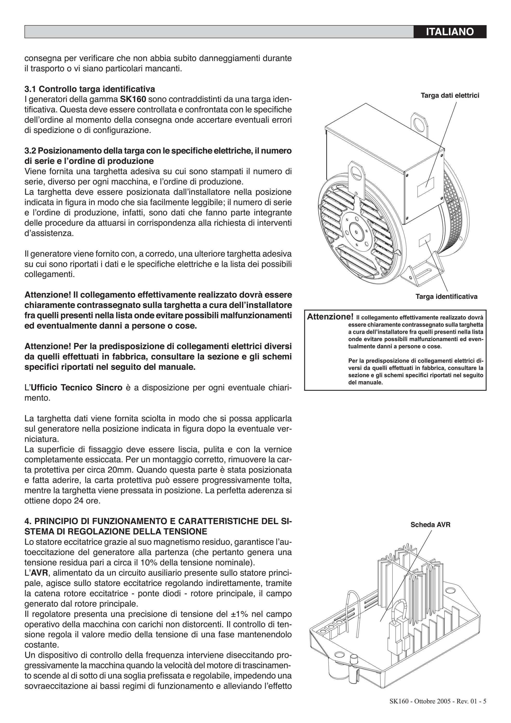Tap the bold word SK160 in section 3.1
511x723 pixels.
133,99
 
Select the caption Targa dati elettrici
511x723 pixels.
450,95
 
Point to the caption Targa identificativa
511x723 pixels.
446,296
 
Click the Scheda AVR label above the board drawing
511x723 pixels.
430,525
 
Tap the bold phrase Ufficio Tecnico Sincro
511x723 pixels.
76,387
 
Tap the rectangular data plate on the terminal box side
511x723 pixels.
426,187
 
